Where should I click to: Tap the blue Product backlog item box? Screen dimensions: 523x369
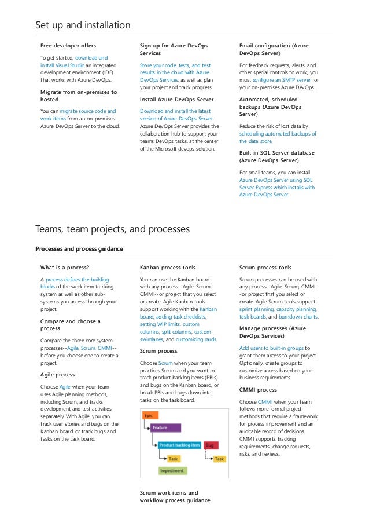pyautogui.click(x=180, y=445)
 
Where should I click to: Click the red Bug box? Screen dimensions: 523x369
pyautogui.click(x=211, y=445)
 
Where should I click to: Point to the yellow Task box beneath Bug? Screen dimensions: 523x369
pyautogui.click(x=219, y=459)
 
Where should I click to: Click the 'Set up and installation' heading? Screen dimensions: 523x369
pyautogui.click(x=83, y=25)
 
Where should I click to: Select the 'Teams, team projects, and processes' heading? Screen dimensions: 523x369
pyautogui.click(x=112, y=229)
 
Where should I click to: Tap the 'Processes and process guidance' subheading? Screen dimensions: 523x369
pyautogui.click(x=79, y=248)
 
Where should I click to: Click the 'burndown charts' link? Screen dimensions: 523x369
pyautogui.click(x=297, y=317)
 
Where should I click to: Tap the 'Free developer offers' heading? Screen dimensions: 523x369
pyautogui.click(x=68, y=45)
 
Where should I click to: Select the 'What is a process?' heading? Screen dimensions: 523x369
pyautogui.click(x=64, y=268)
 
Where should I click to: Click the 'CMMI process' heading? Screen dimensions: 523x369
pyautogui.click(x=258, y=390)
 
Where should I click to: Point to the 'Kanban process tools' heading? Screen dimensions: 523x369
pyautogui.click(x=168, y=268)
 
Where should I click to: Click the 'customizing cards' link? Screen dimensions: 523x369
pyautogui.click(x=198, y=339)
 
